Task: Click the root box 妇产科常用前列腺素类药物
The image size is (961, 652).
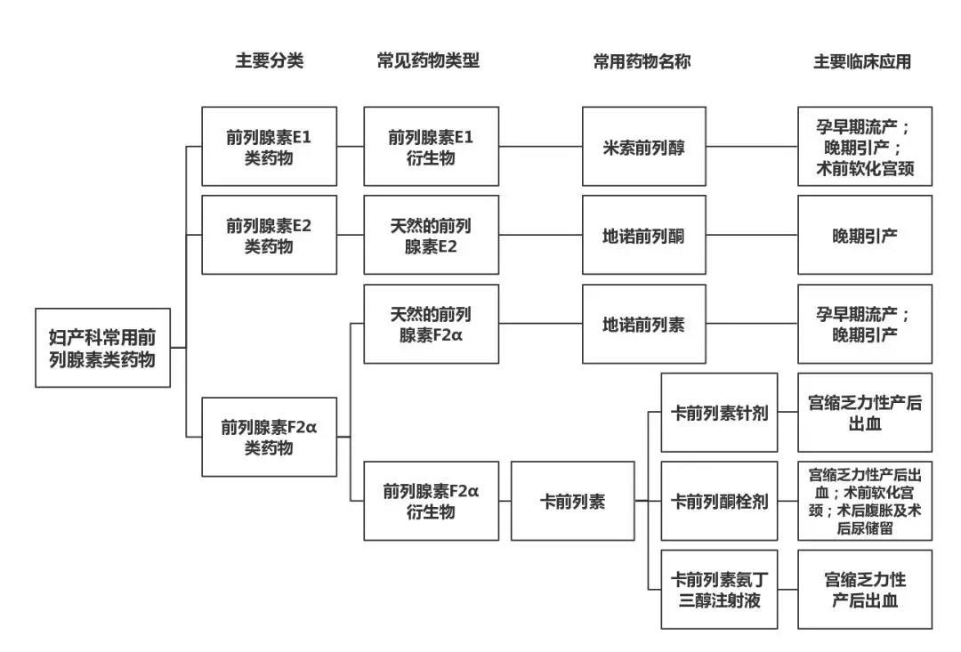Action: (x=102, y=348)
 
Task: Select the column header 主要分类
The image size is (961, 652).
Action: (x=269, y=61)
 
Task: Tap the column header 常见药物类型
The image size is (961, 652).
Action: (x=428, y=61)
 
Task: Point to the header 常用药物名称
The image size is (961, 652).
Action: (x=642, y=61)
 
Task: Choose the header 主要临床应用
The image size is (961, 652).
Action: (x=861, y=61)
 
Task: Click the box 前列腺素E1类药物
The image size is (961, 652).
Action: (x=269, y=147)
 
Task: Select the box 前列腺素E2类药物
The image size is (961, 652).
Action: (x=269, y=235)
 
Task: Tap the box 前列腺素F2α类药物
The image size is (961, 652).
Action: (x=269, y=437)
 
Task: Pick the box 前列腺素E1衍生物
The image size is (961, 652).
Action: (x=431, y=147)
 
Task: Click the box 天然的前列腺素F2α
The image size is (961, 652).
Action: (x=431, y=324)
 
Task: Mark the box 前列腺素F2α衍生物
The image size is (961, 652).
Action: (x=431, y=501)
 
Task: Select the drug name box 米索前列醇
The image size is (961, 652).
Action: (x=644, y=147)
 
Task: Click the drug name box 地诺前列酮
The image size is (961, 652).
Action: (x=644, y=235)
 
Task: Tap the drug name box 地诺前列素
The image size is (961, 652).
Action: (x=644, y=324)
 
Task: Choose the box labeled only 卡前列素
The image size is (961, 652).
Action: (x=572, y=501)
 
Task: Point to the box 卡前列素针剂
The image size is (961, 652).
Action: (x=719, y=413)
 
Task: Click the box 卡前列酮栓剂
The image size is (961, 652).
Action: (x=719, y=501)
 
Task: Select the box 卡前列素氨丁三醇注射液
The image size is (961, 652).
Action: (x=719, y=589)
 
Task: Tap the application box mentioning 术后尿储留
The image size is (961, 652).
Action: (x=864, y=501)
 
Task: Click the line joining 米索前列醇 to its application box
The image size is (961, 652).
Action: (x=752, y=147)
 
